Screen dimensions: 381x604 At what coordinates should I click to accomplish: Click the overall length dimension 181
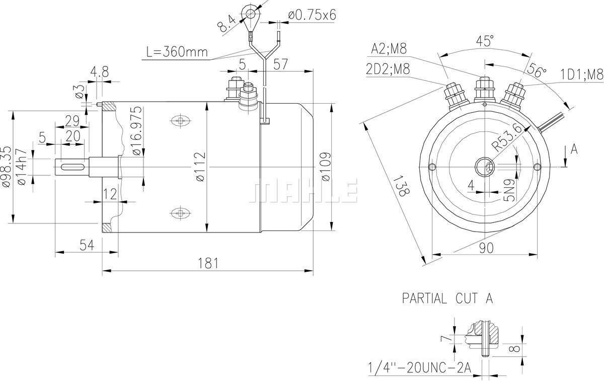(207, 262)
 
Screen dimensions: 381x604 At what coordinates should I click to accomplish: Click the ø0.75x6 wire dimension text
(312, 15)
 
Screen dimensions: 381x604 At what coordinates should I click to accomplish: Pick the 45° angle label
(485, 41)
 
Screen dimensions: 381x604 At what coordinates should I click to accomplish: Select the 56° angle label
(538, 71)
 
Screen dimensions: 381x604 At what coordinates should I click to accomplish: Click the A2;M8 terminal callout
(389, 48)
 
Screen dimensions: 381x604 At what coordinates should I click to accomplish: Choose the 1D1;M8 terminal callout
(582, 75)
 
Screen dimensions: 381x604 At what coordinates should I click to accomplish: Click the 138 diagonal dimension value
(401, 186)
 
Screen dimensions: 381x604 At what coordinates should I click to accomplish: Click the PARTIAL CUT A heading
(447, 298)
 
